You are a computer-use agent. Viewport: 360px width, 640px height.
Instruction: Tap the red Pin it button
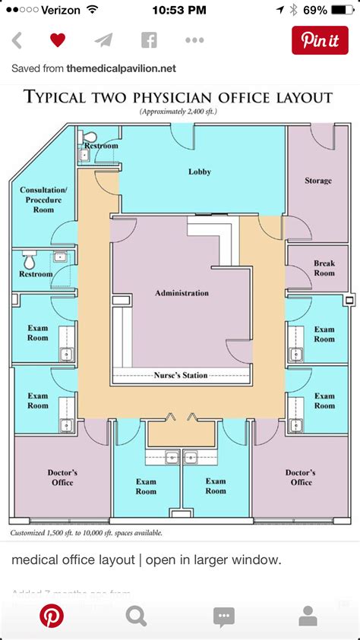320,40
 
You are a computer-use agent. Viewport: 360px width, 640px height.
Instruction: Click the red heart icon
58,40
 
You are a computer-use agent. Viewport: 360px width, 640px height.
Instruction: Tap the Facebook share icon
148,40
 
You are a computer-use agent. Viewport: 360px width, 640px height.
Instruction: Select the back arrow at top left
17,40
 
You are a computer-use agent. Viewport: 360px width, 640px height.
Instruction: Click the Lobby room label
200,172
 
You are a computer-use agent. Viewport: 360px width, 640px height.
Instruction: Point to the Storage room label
318,181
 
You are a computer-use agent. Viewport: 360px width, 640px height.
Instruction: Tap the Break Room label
324,268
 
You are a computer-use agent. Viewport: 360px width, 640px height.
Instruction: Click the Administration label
182,293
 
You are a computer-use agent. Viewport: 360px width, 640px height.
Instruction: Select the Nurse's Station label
181,375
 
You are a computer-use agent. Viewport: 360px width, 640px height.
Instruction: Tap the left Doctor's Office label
62,478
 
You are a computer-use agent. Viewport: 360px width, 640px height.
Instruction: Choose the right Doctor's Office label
301,478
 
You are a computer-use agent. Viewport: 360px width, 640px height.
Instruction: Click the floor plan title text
178,97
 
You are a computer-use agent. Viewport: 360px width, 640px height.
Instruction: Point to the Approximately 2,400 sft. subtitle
178,112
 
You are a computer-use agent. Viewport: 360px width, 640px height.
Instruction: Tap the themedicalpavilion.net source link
121,68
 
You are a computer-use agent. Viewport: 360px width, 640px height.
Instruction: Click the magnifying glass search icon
136,615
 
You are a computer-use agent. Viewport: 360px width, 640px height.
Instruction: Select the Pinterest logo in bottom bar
52,615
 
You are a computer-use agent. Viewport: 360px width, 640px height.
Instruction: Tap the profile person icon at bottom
308,615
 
